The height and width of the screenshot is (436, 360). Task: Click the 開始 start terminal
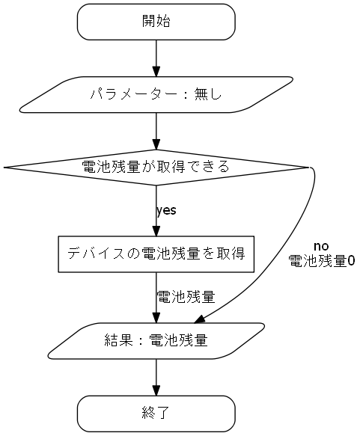(156, 22)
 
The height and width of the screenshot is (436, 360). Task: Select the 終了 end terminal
(156, 411)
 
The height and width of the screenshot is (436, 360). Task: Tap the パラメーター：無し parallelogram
(156, 95)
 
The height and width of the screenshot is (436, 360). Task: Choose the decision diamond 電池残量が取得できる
(156, 167)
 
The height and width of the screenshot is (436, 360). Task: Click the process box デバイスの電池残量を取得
(156, 254)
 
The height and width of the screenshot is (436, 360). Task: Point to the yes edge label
(166, 210)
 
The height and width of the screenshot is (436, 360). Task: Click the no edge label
(321, 247)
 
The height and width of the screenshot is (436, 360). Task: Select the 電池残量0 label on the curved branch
(321, 261)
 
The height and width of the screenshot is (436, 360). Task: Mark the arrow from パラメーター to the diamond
(156, 131)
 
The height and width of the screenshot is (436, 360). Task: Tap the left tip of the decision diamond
(7, 167)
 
